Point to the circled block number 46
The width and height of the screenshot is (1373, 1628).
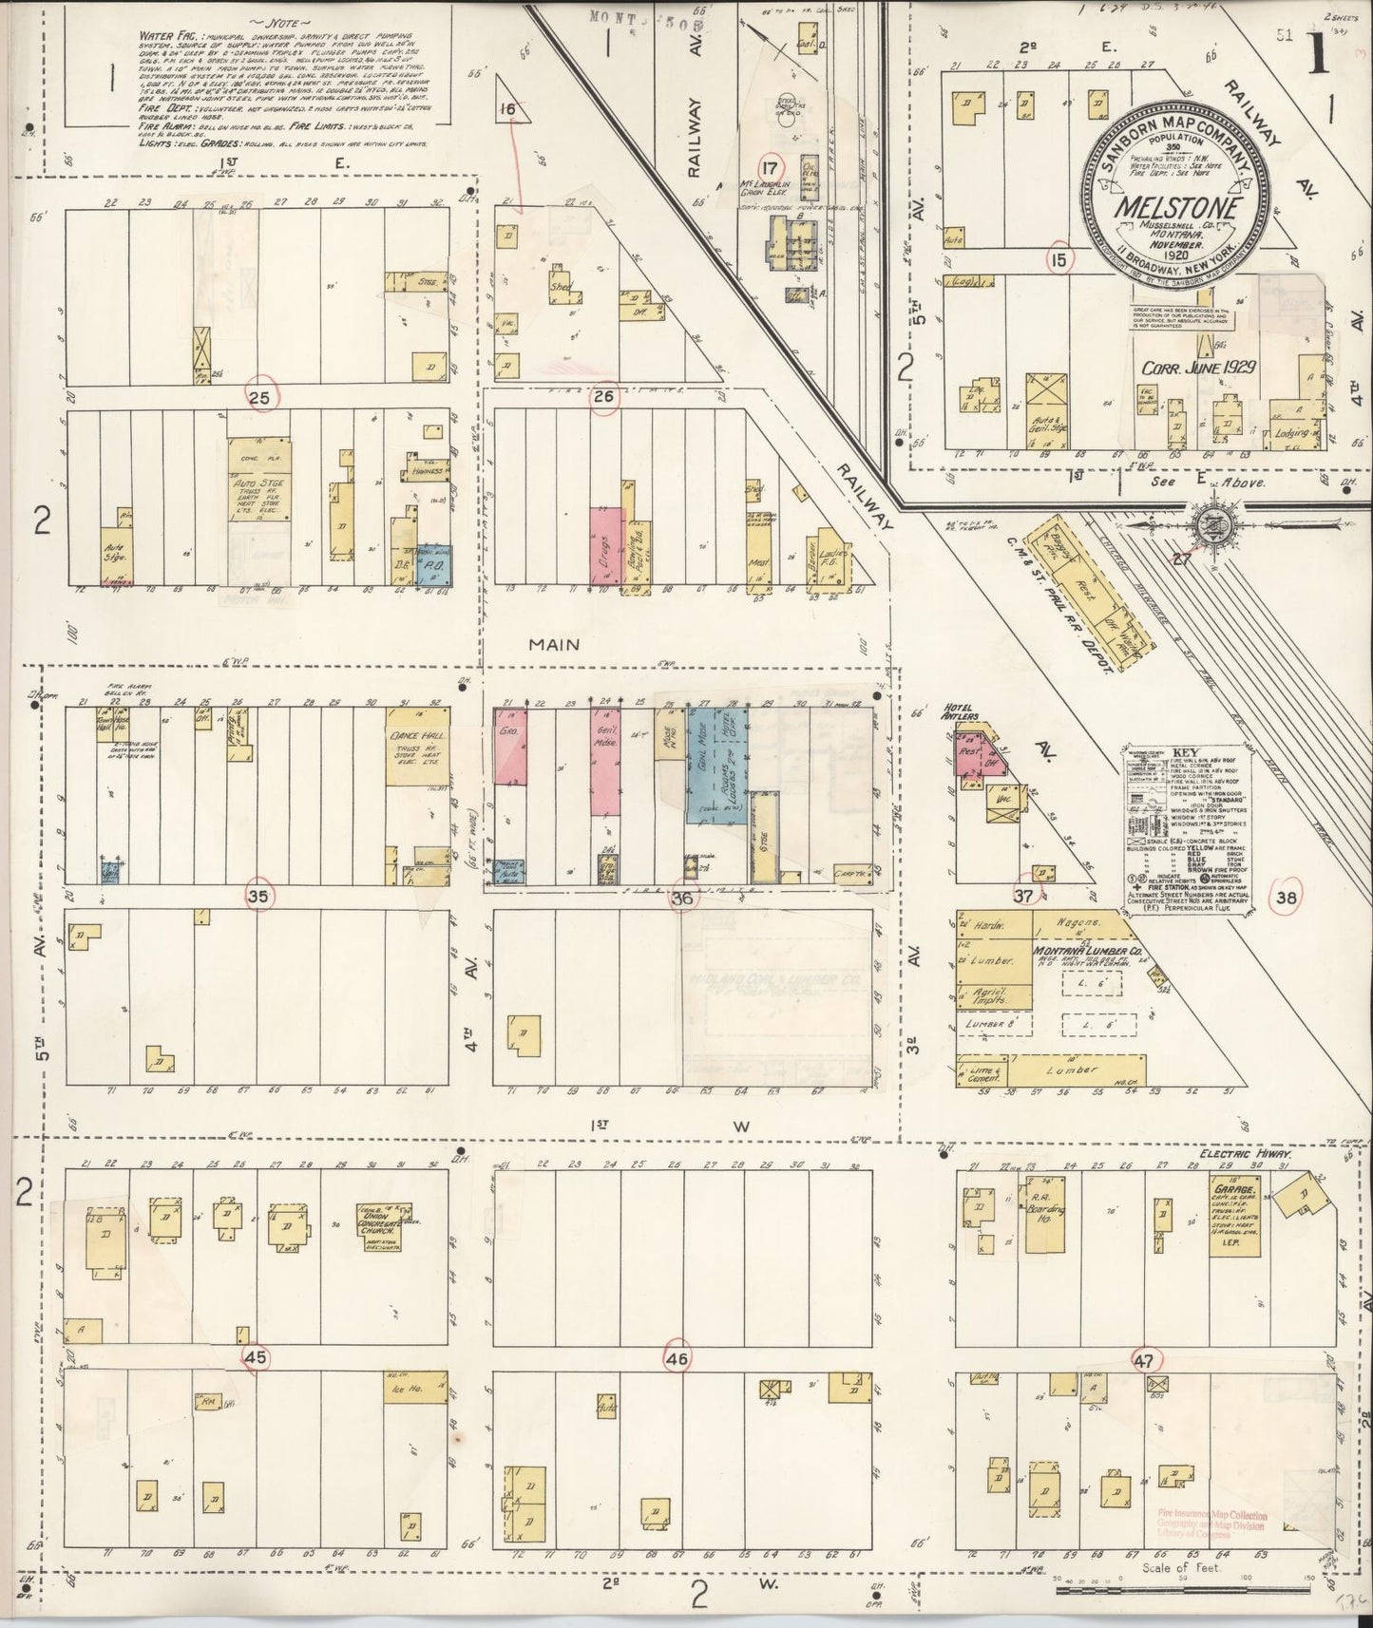[x=677, y=1359]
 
